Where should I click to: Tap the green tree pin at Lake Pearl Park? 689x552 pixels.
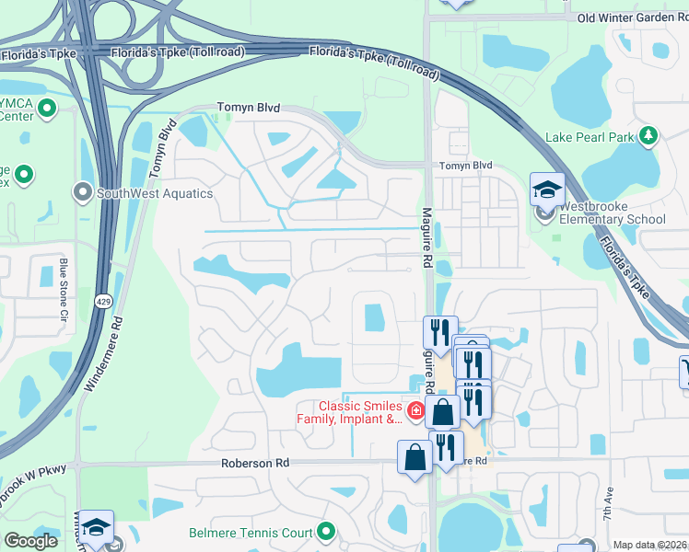(649, 136)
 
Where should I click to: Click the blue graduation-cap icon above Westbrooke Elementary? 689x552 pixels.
(547, 190)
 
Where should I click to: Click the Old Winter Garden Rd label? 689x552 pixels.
(632, 17)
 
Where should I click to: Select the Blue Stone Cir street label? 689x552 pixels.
(64, 288)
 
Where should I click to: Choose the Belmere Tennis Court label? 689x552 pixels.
(251, 532)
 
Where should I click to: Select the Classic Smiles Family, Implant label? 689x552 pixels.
(361, 413)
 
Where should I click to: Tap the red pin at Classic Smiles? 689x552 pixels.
(416, 411)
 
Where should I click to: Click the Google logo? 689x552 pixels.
(31, 541)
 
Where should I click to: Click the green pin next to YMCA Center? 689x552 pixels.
(46, 111)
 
